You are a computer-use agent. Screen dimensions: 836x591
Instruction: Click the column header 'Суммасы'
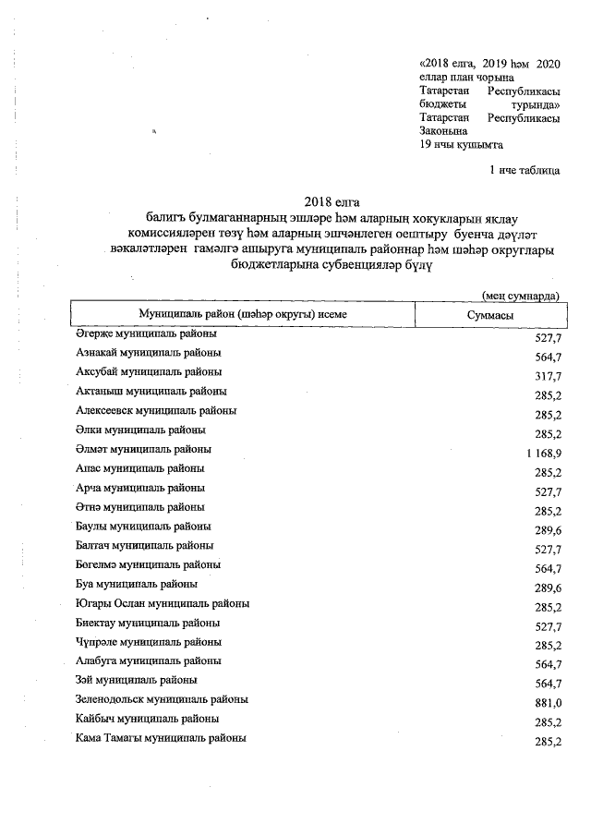pyautogui.click(x=490, y=315)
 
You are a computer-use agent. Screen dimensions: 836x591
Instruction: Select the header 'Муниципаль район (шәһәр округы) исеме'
pyautogui.click(x=243, y=315)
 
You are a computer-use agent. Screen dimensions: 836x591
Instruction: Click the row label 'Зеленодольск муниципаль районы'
pyautogui.click(x=162, y=699)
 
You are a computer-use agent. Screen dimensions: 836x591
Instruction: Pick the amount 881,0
pyautogui.click(x=548, y=702)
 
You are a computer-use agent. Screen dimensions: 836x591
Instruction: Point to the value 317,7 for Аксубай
pyautogui.click(x=548, y=375)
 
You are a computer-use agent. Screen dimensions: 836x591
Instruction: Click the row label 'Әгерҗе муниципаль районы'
pyautogui.click(x=146, y=333)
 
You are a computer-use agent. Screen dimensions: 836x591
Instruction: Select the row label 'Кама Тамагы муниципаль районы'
pyautogui.click(x=161, y=738)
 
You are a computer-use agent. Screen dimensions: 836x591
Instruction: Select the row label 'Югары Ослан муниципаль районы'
pyautogui.click(x=163, y=603)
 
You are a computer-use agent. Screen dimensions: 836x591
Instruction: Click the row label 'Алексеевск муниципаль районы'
pyautogui.click(x=156, y=410)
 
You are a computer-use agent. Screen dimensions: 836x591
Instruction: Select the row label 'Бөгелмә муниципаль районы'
pyautogui.click(x=148, y=564)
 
